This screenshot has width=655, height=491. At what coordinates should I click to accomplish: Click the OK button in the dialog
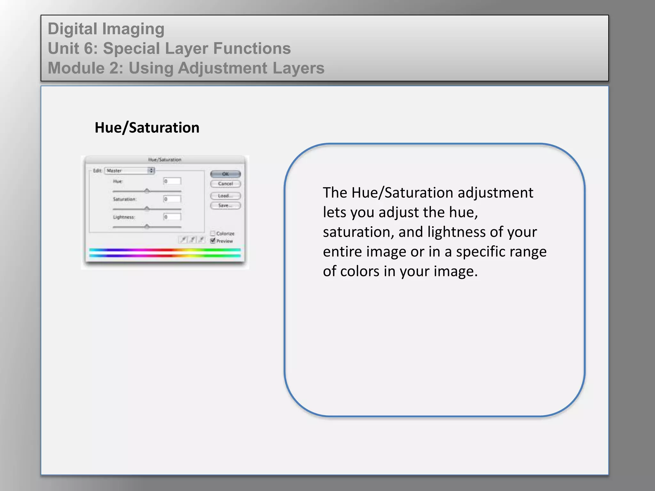[x=225, y=174]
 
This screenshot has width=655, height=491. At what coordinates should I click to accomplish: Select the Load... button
[x=225, y=196]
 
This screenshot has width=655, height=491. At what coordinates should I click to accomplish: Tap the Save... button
[x=225, y=206]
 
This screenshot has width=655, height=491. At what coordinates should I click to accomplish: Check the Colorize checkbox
[x=213, y=233]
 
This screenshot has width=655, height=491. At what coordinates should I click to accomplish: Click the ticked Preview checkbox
[x=213, y=241]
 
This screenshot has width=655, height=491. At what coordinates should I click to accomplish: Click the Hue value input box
[x=172, y=181]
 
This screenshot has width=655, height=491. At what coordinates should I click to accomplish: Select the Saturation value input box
[x=172, y=199]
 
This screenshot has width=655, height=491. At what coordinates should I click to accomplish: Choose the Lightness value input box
[x=172, y=217]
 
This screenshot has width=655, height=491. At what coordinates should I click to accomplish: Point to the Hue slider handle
[x=147, y=191]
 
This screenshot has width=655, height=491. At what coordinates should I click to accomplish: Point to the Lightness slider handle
[x=147, y=226]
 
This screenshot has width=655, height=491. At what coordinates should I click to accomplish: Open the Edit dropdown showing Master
[x=130, y=171]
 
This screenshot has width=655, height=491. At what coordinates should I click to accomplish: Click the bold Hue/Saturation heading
[x=147, y=128]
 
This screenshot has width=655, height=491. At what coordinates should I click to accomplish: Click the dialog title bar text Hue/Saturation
[x=165, y=160]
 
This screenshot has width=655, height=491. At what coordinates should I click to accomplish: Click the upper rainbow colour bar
[x=165, y=250]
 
